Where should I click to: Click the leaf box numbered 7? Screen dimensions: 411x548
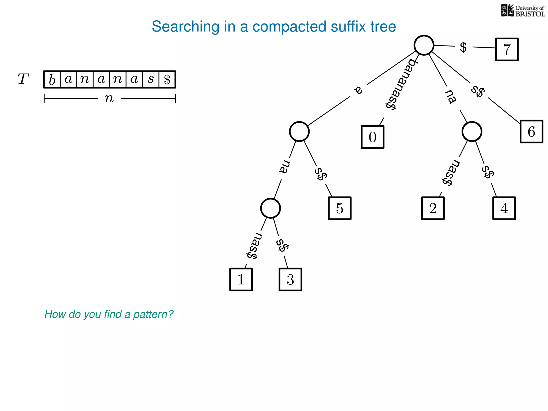pyautogui.click(x=507, y=50)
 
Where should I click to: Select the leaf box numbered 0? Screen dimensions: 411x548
pyautogui.click(x=372, y=137)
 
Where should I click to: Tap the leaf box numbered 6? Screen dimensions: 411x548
pyautogui.click(x=531, y=132)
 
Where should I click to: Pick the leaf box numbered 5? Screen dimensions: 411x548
pyautogui.click(x=340, y=208)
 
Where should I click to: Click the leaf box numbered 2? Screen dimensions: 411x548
pyautogui.click(x=433, y=208)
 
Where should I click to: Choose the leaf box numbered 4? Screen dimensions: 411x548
pyautogui.click(x=504, y=208)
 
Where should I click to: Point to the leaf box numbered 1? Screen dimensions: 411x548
pyautogui.click(x=241, y=279)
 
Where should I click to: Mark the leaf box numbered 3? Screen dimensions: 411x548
pyautogui.click(x=290, y=279)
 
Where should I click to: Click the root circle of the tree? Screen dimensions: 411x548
pyautogui.click(x=424, y=45)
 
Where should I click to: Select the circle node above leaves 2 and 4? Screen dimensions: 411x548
pyautogui.click(x=472, y=132)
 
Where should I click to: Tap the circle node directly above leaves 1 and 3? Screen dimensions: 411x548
pyautogui.click(x=271, y=208)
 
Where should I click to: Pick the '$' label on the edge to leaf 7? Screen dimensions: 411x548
pyautogui.click(x=463, y=47)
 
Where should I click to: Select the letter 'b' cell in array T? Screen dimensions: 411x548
pyautogui.click(x=52, y=79)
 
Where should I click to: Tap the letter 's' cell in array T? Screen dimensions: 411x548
pyautogui.click(x=151, y=79)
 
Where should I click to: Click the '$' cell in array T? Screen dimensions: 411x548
pyautogui.click(x=167, y=79)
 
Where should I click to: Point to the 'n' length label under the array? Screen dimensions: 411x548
pyautogui.click(x=109, y=98)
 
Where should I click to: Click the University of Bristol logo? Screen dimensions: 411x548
pyautogui.click(x=523, y=11)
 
